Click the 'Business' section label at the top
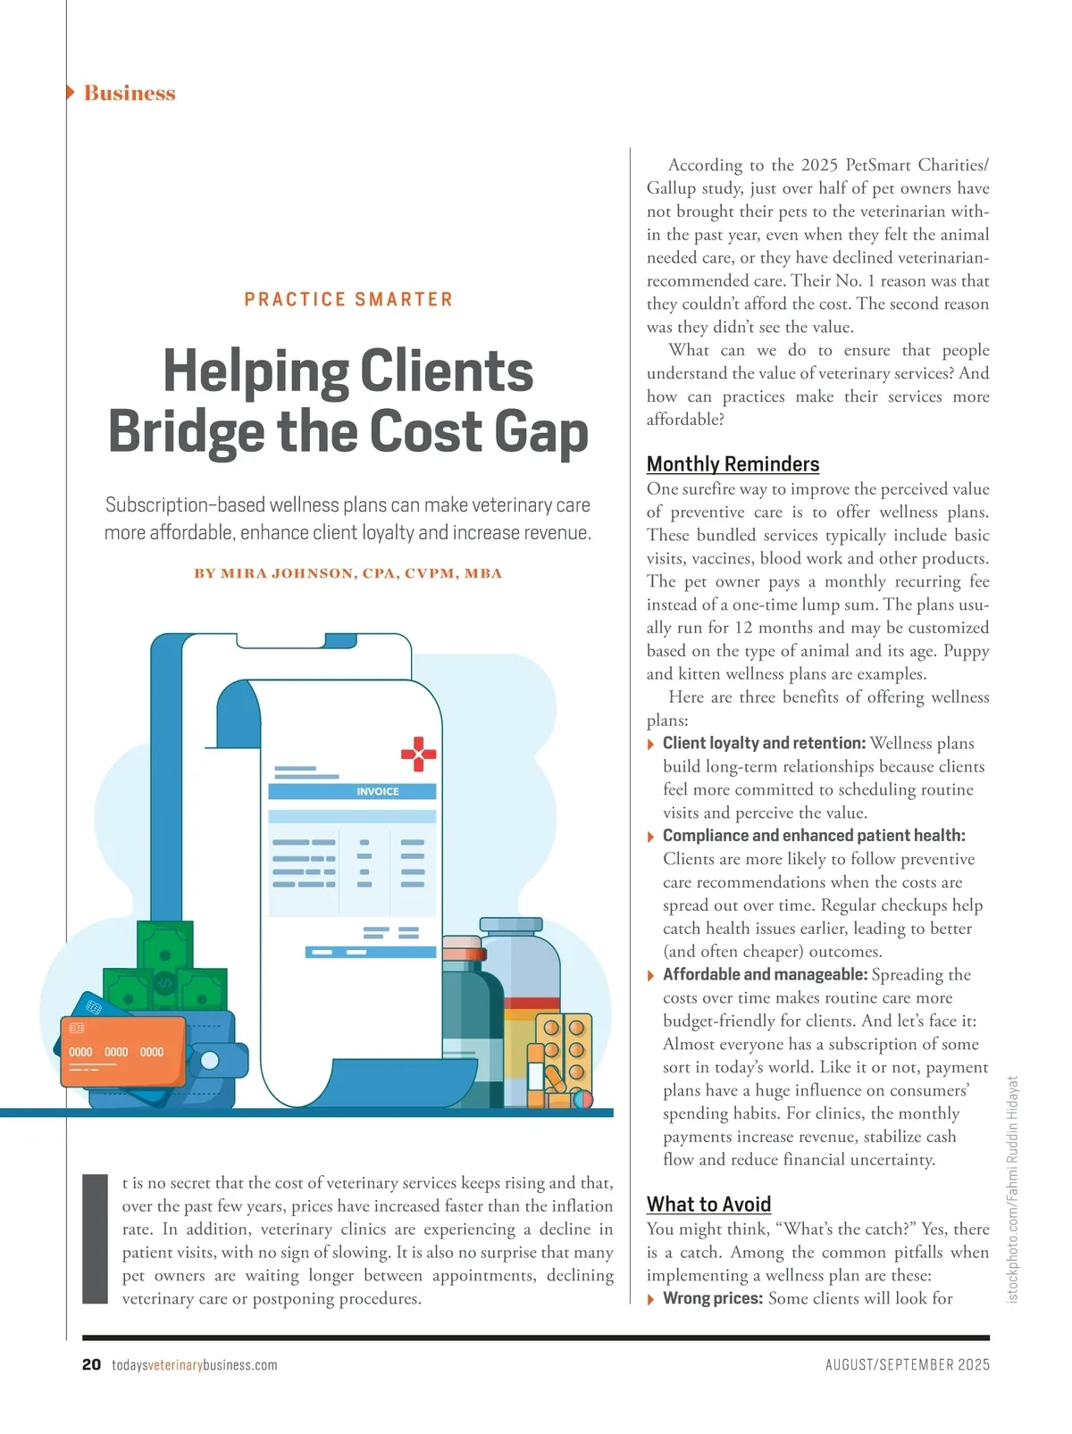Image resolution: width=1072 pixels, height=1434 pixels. (129, 93)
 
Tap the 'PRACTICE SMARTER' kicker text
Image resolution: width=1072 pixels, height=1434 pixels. (348, 299)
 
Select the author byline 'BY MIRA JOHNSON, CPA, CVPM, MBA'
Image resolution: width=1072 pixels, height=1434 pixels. (348, 573)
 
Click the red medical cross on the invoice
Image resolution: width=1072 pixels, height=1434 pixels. (418, 754)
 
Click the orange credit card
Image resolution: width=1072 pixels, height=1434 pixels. (122, 1051)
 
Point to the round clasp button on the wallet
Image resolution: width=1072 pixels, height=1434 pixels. (209, 1061)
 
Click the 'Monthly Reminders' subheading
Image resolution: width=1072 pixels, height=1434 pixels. (733, 464)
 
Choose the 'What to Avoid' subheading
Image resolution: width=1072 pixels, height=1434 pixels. (708, 1205)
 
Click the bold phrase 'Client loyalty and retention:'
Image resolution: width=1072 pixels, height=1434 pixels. (764, 743)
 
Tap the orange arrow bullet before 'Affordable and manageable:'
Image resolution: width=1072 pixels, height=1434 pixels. (651, 975)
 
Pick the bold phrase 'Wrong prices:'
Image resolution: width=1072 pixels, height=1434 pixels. (712, 1298)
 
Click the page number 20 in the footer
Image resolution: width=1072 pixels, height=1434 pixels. (91, 1364)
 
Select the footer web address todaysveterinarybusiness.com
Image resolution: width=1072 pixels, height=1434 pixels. (195, 1365)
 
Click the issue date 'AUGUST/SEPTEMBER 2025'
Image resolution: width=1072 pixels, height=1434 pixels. (907, 1365)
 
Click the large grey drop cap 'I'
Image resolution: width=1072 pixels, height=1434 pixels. (95, 1238)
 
